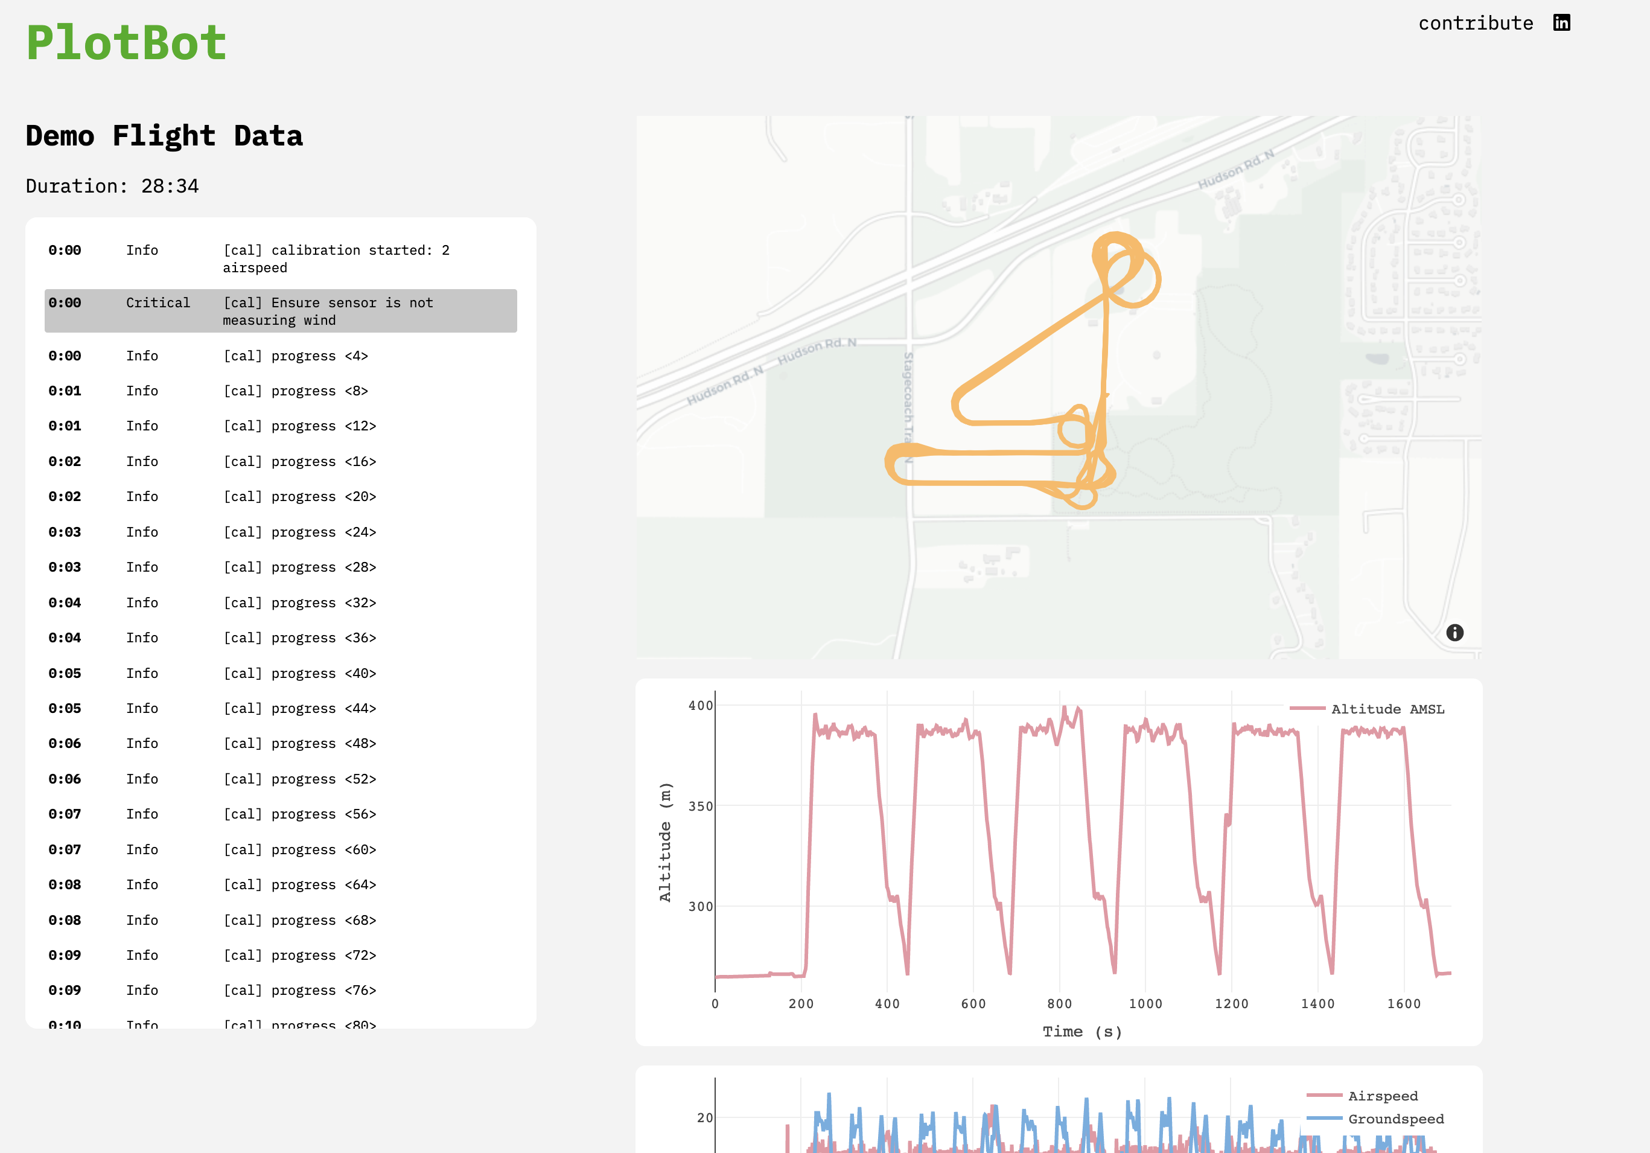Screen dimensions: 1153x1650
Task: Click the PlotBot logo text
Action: coord(127,43)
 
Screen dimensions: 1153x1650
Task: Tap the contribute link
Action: coord(1476,24)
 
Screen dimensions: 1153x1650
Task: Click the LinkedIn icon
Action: coord(1562,23)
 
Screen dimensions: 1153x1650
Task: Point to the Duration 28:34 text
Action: coord(112,186)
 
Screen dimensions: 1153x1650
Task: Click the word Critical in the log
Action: coord(158,302)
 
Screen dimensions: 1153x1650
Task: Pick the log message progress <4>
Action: coord(295,356)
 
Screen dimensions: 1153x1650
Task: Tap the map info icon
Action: coord(1454,633)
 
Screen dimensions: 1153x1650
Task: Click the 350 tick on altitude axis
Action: coord(700,806)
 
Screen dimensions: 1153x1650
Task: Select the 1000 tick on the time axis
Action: coord(1145,1004)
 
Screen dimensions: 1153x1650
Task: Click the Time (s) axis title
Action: coord(1082,1032)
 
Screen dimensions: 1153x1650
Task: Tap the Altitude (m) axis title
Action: coord(664,842)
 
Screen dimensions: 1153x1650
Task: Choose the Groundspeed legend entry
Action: coord(1395,1119)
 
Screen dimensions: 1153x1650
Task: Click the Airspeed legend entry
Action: coord(1382,1096)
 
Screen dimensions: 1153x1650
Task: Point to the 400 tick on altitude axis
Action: coord(700,706)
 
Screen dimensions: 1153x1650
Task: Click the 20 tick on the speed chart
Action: coord(704,1118)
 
